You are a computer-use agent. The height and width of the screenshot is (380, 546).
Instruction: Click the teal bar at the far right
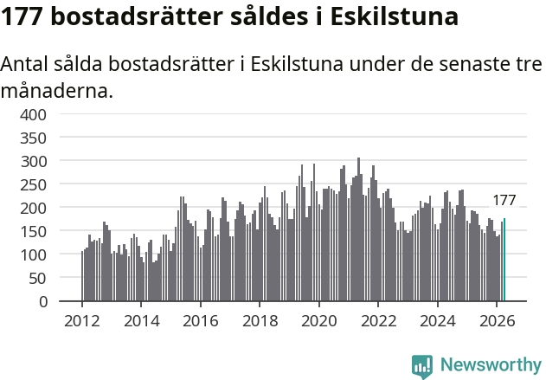(504, 260)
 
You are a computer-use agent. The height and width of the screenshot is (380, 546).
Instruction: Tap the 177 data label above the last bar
(504, 200)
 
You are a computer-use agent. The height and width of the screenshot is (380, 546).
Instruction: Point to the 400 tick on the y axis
(33, 114)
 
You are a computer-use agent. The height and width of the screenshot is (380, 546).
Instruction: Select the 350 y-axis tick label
(33, 138)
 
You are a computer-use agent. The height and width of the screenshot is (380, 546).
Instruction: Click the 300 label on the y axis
(33, 162)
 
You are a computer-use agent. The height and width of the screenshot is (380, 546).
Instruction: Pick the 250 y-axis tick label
(33, 185)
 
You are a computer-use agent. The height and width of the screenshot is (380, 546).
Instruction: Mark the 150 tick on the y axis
(33, 232)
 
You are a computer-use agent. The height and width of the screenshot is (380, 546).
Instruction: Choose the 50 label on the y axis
(37, 279)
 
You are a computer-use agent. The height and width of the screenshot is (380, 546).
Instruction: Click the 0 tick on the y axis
(42, 301)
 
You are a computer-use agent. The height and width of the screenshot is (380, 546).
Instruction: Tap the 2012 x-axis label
(82, 321)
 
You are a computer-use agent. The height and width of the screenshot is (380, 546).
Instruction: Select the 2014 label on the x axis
(141, 321)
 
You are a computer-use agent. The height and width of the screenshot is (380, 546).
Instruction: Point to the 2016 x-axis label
(201, 321)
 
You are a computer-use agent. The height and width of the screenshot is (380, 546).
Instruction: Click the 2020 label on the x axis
(319, 321)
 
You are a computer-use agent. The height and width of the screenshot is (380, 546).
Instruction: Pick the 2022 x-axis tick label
(378, 321)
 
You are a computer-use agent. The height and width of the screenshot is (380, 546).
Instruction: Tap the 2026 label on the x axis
(497, 321)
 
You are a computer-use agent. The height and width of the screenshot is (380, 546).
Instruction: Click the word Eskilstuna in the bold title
(394, 16)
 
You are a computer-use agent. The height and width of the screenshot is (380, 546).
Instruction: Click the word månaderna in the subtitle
(57, 91)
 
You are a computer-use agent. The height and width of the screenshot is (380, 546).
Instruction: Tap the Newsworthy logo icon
(422, 366)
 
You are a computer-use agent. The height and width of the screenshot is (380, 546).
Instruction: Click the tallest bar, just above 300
(358, 229)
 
